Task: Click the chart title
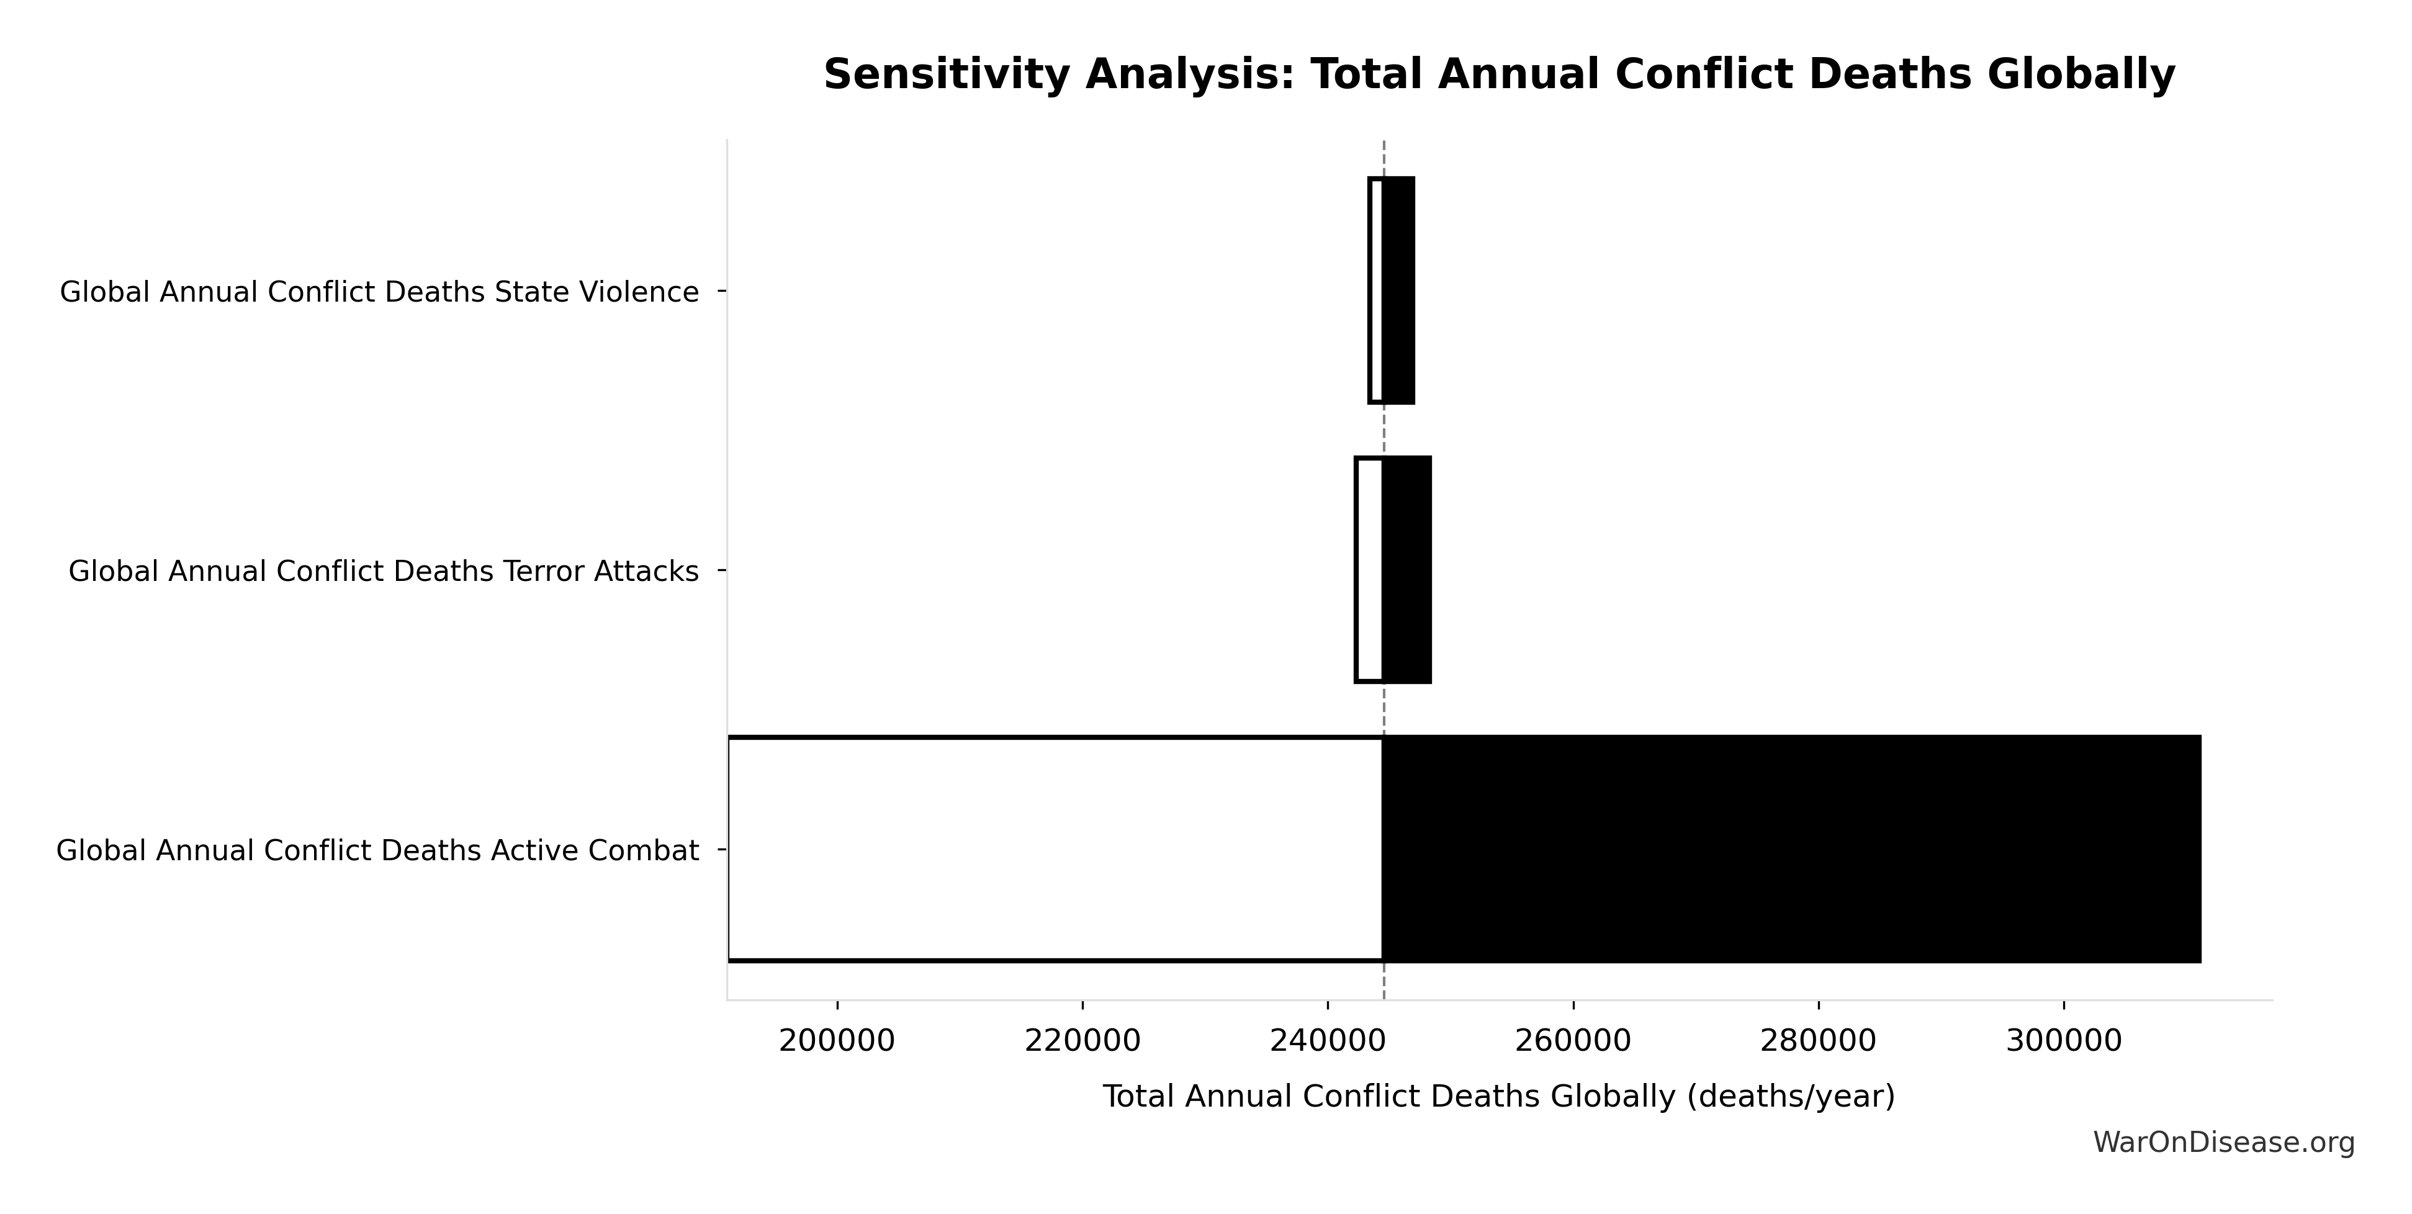tap(1499, 75)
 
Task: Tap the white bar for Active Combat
tap(1055, 849)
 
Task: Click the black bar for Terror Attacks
tap(1406, 570)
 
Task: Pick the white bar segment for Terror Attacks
tap(1369, 570)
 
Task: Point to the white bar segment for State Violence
tap(1375, 291)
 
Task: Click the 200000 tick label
tap(837, 1041)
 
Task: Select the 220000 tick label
tap(1082, 1041)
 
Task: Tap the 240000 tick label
tap(1328, 1041)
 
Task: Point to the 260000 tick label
tap(1573, 1041)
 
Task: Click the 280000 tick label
tap(1819, 1041)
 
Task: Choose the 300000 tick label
tap(2064, 1041)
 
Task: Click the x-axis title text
tap(1499, 1097)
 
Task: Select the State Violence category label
tap(379, 292)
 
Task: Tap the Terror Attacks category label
tap(384, 571)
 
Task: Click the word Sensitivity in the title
tap(947, 75)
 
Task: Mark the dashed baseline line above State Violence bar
tap(1384, 157)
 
